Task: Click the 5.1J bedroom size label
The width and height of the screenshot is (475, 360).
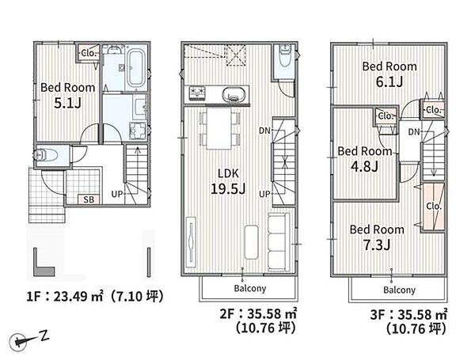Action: click(x=67, y=104)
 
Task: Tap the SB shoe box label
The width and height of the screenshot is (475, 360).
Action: click(x=89, y=199)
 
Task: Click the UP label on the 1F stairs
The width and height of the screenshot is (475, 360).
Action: click(x=117, y=194)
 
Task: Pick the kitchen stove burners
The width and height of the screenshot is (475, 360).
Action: click(x=197, y=93)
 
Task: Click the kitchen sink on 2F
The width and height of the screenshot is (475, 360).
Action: click(x=234, y=95)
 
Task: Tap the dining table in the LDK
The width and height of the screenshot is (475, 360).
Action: click(x=218, y=128)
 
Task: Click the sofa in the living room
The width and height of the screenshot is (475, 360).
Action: click(x=279, y=243)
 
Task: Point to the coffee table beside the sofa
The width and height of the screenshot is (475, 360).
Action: click(x=251, y=242)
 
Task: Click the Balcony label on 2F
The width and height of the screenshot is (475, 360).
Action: click(x=250, y=288)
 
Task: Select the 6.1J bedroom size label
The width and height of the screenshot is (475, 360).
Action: click(x=389, y=81)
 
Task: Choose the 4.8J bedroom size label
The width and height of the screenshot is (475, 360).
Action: click(x=364, y=166)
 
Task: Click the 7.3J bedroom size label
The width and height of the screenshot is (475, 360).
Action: click(x=377, y=245)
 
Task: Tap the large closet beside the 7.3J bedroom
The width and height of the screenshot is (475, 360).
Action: click(x=434, y=207)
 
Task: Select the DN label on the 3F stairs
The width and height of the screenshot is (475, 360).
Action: click(x=414, y=131)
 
